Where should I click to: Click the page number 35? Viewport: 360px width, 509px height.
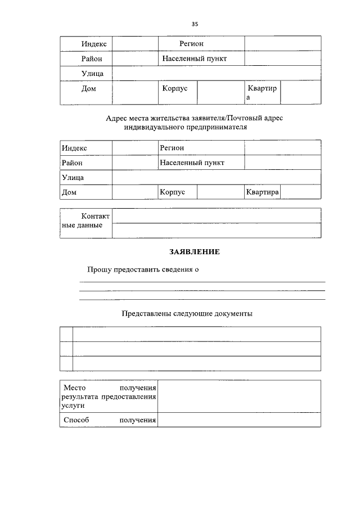195,24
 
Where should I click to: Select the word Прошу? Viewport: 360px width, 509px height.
99,269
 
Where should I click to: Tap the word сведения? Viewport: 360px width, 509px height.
179,269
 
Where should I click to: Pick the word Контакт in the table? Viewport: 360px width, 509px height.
96,216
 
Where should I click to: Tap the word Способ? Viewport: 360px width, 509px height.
76,420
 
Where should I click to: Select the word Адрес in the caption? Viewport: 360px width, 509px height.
116,118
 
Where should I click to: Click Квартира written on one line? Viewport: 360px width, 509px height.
263,192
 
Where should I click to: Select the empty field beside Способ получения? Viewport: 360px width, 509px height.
239,420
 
